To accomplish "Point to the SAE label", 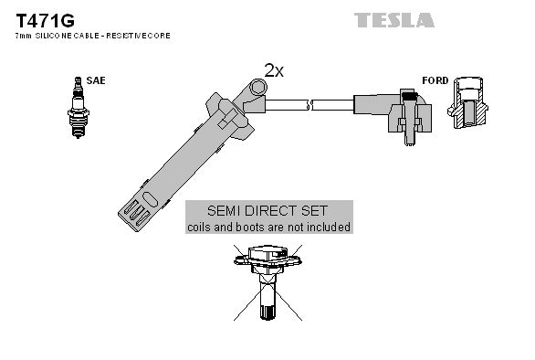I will (96, 80).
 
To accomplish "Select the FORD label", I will (435, 80).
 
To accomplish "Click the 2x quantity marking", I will (274, 69).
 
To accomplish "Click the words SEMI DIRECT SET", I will (267, 210).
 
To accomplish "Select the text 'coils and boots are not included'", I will (267, 226).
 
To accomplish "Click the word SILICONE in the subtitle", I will (54, 35).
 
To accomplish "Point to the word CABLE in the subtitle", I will (91, 35).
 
